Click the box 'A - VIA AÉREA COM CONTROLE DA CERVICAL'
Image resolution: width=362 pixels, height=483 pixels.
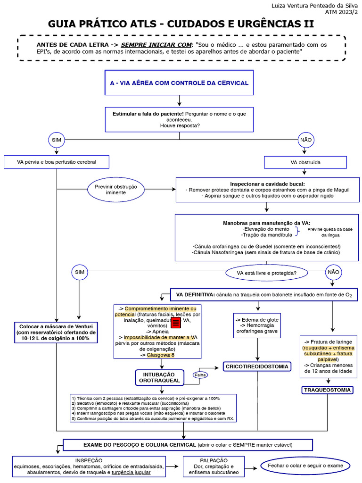[179, 83]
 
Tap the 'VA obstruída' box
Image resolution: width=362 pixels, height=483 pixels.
[305, 162]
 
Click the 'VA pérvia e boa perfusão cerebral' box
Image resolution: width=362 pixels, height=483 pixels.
[57, 162]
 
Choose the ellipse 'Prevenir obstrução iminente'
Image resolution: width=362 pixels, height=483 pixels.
[116, 190]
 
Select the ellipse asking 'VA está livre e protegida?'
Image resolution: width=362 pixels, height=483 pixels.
[266, 273]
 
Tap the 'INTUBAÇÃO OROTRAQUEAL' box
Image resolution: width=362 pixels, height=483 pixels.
[161, 377]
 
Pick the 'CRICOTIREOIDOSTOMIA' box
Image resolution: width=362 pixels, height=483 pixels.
[257, 366]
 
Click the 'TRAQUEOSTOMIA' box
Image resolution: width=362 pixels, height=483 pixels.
[327, 390]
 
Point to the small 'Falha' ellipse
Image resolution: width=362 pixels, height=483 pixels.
[200, 375]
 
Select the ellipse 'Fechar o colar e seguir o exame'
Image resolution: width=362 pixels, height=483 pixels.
[305, 466]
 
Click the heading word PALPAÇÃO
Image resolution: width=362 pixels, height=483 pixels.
[214, 460]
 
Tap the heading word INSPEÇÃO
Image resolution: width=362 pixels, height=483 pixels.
[89, 460]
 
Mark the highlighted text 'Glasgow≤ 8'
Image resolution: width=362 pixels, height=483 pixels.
[160, 355]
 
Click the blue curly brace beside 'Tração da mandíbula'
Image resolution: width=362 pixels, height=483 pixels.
[297, 231]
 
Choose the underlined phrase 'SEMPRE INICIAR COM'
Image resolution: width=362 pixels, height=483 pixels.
[156, 45]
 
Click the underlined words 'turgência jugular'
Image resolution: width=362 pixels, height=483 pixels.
[131, 472]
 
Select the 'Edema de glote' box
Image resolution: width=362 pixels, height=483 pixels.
[257, 325]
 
